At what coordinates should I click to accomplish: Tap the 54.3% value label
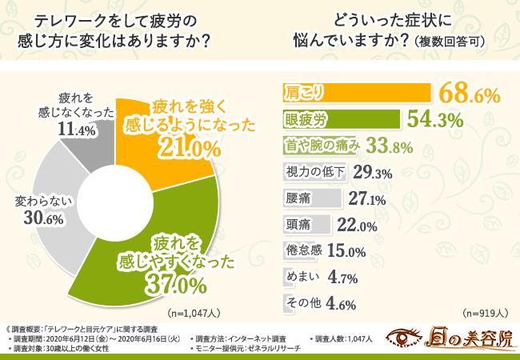[436, 120]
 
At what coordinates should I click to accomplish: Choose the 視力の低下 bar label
[314, 172]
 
